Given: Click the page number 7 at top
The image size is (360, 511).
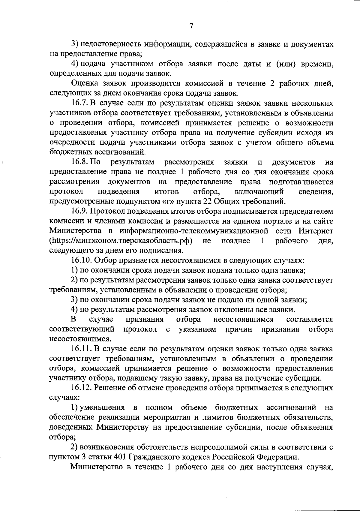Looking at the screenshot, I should pos(191,26).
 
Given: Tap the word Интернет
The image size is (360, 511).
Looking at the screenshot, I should pos(316,231).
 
